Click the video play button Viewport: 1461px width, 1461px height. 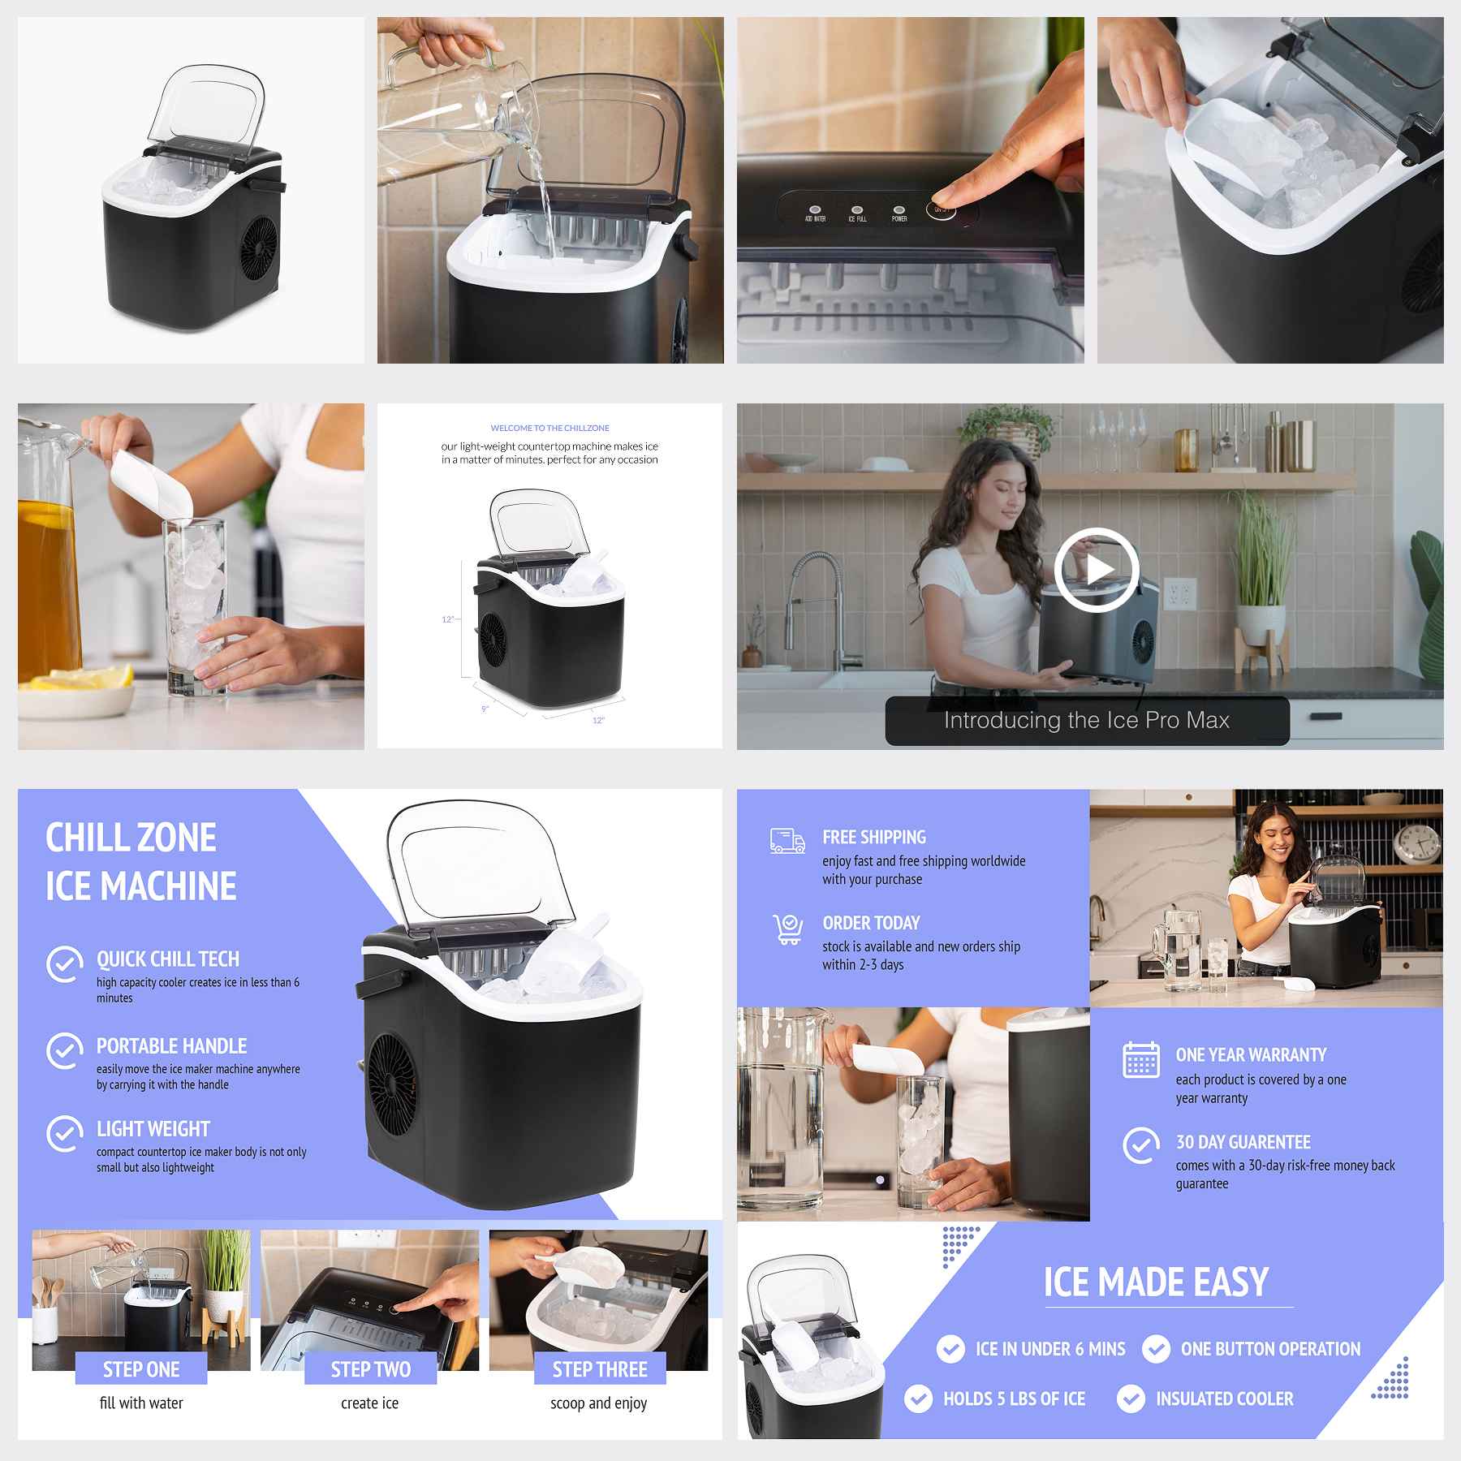[1097, 569]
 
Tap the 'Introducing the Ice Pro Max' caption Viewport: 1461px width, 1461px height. [1086, 720]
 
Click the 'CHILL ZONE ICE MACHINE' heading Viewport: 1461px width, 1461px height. [140, 862]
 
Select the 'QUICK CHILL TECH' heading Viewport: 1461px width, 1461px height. [168, 959]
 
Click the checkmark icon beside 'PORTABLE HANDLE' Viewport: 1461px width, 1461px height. [65, 1051]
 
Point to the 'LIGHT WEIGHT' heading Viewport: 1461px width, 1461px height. [153, 1129]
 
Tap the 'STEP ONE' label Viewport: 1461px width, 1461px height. [141, 1369]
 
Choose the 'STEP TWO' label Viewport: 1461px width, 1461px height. [370, 1369]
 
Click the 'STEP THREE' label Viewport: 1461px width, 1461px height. [600, 1369]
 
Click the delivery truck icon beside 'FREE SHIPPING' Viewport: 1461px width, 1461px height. [787, 841]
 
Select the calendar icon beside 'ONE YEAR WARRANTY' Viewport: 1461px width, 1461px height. [1140, 1060]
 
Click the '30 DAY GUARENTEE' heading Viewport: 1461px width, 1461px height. [1243, 1142]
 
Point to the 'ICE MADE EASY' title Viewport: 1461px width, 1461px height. [1156, 1282]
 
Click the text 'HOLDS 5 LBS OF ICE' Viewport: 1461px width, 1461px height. [1014, 1399]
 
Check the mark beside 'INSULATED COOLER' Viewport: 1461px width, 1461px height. [1131, 1399]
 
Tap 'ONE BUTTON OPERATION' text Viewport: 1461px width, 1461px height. [1270, 1349]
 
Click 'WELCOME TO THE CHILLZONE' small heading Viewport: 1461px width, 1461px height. [549, 428]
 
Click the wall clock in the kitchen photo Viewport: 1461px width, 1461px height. [1417, 844]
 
